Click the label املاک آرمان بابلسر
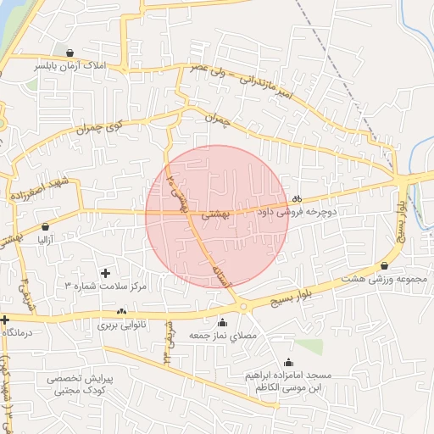click(x=67, y=64)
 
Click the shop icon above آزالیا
click(x=45, y=227)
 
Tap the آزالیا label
click(x=45, y=240)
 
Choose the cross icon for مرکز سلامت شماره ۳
click(x=105, y=273)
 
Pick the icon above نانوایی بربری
click(x=122, y=311)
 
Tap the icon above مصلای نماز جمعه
click(x=222, y=322)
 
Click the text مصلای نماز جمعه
click(x=222, y=336)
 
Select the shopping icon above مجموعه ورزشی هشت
click(x=384, y=265)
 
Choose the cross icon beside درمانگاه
click(x=5, y=320)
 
